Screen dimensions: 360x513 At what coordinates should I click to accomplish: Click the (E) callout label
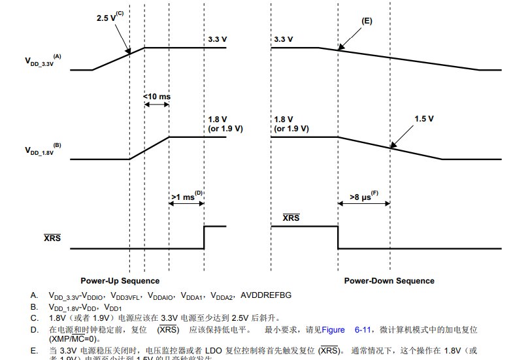coord(367,21)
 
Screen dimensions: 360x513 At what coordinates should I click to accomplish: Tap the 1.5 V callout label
coord(424,119)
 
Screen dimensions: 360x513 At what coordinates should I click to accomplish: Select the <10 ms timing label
coord(157,97)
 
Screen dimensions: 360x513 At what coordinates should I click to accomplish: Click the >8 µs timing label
coord(364,196)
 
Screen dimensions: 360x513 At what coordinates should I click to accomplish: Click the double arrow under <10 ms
coord(157,106)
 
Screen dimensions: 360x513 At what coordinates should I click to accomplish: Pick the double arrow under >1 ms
coord(186,204)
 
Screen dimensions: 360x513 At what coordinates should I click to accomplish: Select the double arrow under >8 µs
coord(364,204)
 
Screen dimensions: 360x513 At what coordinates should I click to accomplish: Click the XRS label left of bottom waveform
coord(52,238)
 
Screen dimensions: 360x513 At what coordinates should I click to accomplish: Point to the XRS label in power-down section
coord(291,217)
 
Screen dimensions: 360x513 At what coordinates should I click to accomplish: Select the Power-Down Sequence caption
coord(389,281)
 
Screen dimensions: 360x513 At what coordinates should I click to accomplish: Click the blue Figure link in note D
coord(333,329)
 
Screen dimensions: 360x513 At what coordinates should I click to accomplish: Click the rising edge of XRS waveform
coord(204,237)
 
